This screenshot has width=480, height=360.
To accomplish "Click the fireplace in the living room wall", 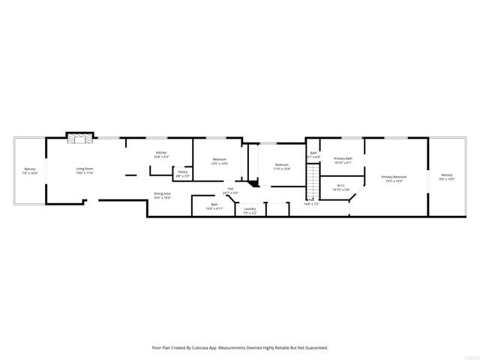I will [x=80, y=138].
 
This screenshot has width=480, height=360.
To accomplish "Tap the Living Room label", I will [x=84, y=169].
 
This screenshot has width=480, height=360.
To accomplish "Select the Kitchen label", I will [x=160, y=152].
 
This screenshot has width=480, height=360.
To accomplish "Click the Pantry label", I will [x=182, y=172].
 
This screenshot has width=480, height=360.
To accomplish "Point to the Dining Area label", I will [x=162, y=193].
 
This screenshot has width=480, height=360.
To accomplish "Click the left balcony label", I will [x=30, y=169].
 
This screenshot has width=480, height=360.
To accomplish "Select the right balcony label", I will [x=447, y=175].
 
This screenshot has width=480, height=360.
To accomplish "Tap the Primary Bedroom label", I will [x=394, y=177].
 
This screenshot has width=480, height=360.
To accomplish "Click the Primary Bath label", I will [x=343, y=158].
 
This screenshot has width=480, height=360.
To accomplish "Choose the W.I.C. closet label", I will [x=340, y=185].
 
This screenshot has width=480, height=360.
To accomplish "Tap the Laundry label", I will [x=250, y=208].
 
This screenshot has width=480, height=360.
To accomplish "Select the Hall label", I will [x=230, y=188].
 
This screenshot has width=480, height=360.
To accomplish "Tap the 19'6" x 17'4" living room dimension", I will [x=84, y=173].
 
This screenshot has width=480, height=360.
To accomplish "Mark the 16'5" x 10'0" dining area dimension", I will [x=162, y=198].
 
